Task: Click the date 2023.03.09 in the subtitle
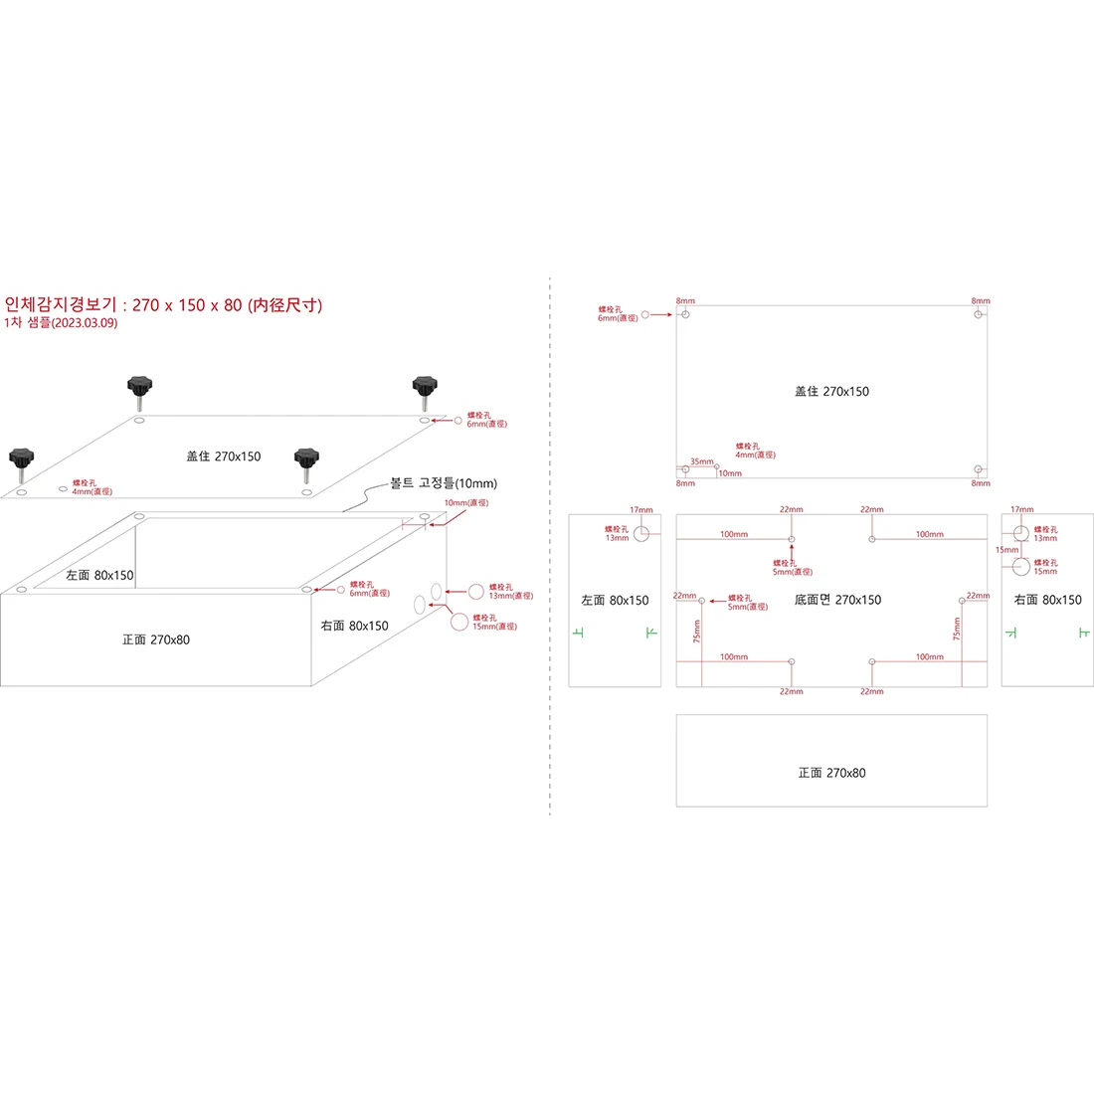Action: [84, 323]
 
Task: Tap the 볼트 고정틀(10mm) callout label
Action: [443, 483]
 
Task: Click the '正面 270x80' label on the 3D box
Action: [155, 639]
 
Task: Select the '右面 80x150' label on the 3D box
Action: [354, 626]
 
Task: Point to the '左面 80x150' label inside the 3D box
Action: [99, 575]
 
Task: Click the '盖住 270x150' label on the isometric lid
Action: [224, 456]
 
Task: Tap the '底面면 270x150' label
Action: [837, 600]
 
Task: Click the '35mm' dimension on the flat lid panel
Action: [702, 461]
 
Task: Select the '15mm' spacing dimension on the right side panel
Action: [1006, 549]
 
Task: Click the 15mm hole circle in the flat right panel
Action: [1021, 567]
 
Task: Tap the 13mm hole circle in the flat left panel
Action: [641, 533]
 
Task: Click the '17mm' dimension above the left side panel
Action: [641, 510]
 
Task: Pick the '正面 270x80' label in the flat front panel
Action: [831, 773]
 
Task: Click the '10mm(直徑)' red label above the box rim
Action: [465, 503]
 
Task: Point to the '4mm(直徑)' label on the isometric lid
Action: [92, 491]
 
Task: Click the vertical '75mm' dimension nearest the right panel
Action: [957, 629]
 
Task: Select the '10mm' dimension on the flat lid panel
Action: [730, 473]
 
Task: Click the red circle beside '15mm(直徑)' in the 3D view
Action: [458, 622]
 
